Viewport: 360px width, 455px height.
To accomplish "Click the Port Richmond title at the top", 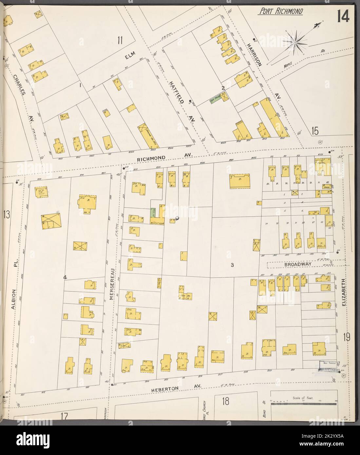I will pos(281,12).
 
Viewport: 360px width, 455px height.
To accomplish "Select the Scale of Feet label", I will pos(303,399).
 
